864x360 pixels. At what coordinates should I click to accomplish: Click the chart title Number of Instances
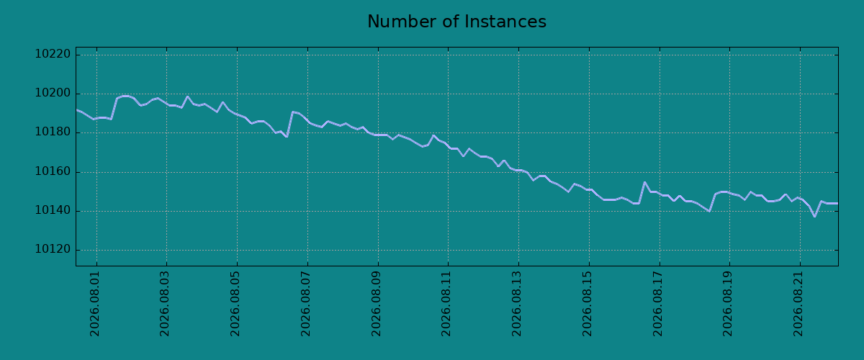pyautogui.click(x=456, y=22)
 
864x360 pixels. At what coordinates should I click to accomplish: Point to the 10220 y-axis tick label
pyautogui.click(x=53, y=54)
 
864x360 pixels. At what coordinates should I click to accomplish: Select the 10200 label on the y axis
pyautogui.click(x=53, y=93)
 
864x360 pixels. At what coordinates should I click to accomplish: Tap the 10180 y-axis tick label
pyautogui.click(x=53, y=132)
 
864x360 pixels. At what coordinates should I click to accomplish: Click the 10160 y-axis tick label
pyautogui.click(x=53, y=171)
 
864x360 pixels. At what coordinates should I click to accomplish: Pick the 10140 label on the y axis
pyautogui.click(x=53, y=210)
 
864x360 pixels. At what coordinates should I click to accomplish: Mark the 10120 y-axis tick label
pyautogui.click(x=53, y=249)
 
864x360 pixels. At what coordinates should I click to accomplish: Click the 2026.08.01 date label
pyautogui.click(x=94, y=304)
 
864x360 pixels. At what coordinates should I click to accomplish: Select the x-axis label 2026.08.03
pyautogui.click(x=165, y=304)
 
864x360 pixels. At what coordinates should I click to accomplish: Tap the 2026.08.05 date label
pyautogui.click(x=235, y=304)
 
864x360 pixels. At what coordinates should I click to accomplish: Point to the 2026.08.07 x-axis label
pyautogui.click(x=305, y=304)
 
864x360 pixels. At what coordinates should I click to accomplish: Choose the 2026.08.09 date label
pyautogui.click(x=376, y=304)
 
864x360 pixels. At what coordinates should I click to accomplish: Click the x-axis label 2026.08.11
pyautogui.click(x=446, y=304)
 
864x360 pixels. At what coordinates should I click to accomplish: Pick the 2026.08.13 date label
pyautogui.click(x=516, y=304)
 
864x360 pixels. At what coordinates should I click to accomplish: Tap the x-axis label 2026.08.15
pyautogui.click(x=587, y=304)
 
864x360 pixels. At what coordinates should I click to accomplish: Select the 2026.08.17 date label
pyautogui.click(x=657, y=304)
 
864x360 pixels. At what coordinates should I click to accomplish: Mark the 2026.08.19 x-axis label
pyautogui.click(x=727, y=304)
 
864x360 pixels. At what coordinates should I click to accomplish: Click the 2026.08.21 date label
pyautogui.click(x=798, y=304)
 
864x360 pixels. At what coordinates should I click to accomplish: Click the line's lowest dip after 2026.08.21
pyautogui.click(x=814, y=217)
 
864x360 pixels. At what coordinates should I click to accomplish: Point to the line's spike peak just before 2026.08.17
pyautogui.click(x=644, y=182)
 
